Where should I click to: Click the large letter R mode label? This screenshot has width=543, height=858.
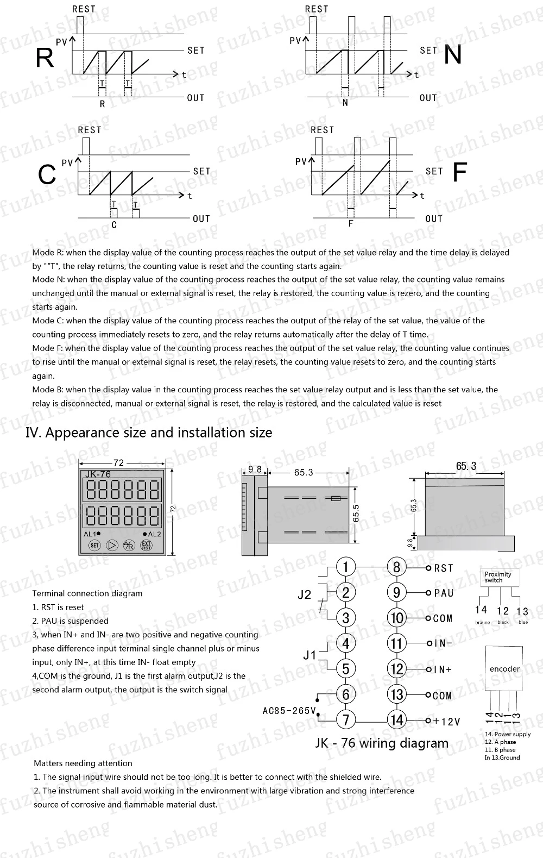45,58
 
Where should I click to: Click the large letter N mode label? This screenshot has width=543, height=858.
453,55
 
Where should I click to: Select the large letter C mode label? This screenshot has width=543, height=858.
47,175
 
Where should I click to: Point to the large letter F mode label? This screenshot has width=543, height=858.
459,173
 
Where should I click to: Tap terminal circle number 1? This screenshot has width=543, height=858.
346,567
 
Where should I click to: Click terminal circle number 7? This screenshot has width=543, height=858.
346,720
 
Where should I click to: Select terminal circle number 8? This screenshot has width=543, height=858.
396,567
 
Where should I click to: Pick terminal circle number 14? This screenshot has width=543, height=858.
397,720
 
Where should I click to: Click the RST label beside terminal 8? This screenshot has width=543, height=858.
444,568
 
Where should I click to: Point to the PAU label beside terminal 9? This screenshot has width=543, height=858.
444,593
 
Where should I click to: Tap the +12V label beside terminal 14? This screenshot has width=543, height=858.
447,722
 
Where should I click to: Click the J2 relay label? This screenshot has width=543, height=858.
305,594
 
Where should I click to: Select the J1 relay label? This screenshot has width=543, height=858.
310,655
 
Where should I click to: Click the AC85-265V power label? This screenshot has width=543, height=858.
289,710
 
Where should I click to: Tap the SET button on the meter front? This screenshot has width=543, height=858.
94,545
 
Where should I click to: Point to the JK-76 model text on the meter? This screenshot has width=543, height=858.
98,474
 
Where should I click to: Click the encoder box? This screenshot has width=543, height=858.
504,668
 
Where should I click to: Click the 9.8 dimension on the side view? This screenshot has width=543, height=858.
255,469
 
